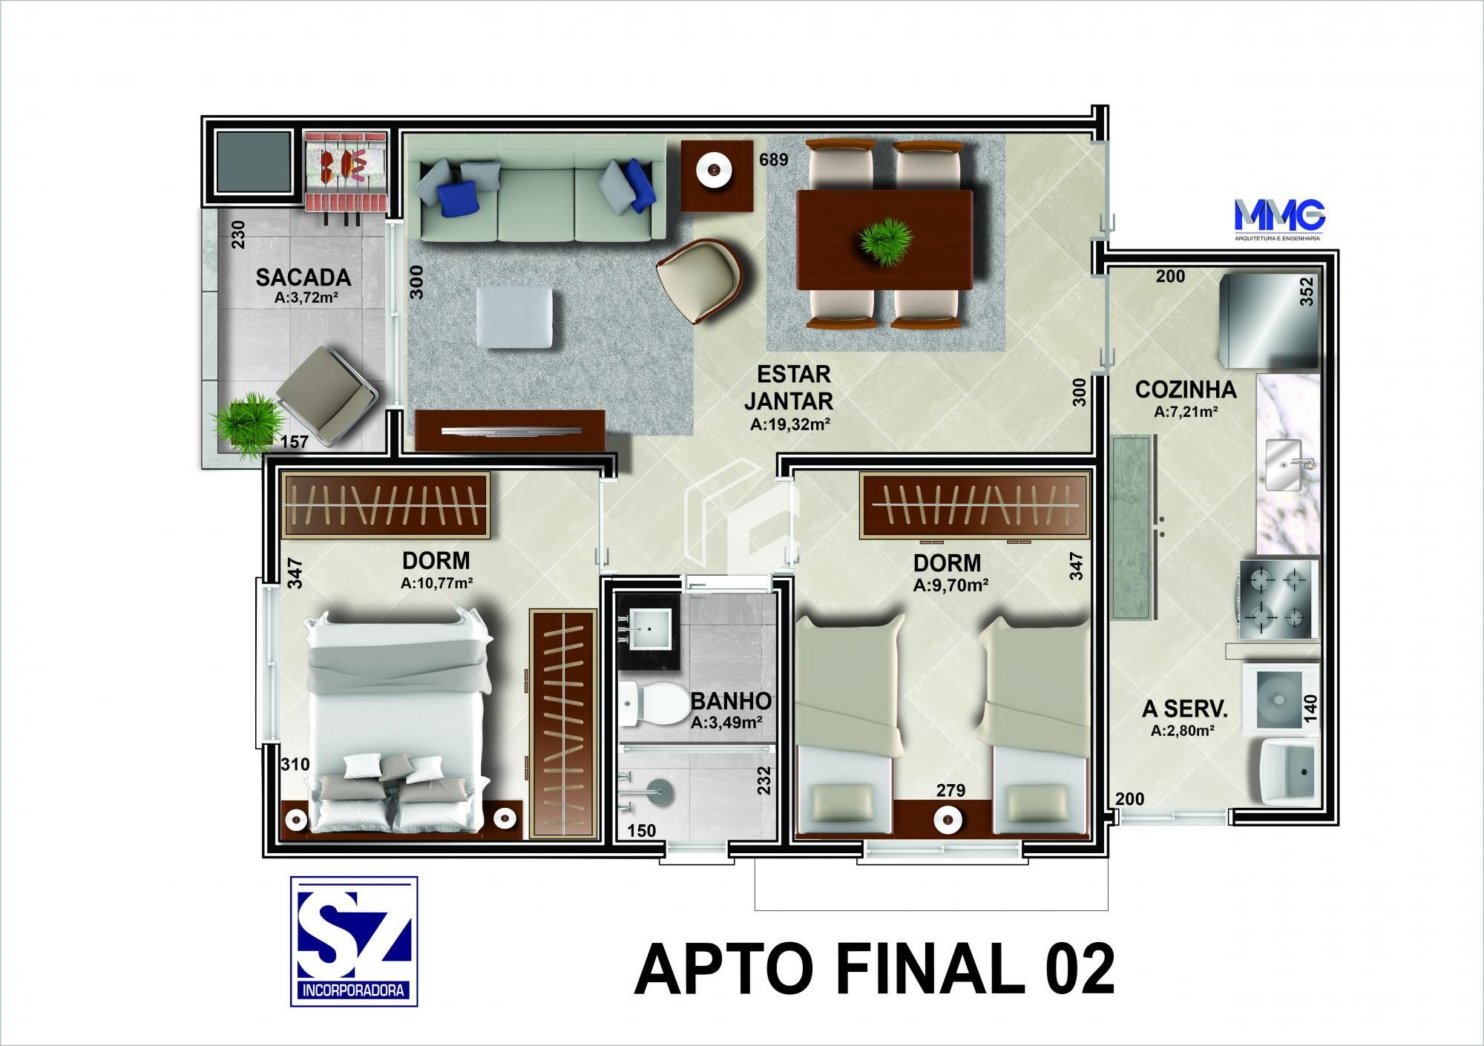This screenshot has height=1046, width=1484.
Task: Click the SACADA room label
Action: tap(303, 277)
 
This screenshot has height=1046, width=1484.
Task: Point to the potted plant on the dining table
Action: tap(884, 240)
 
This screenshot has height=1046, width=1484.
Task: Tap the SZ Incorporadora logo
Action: tap(353, 941)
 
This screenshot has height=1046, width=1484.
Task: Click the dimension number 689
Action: tap(773, 159)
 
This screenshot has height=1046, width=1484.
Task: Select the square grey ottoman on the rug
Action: tap(513, 318)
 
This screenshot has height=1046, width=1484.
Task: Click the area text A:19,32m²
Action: tap(789, 425)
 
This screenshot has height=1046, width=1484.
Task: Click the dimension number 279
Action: tap(951, 791)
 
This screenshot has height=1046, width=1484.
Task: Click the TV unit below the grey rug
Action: tap(510, 430)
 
